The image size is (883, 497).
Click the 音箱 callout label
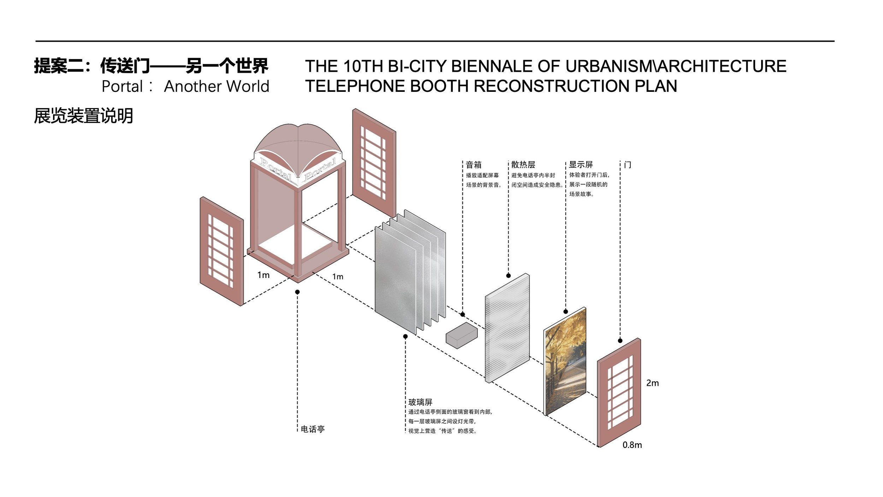tap(473, 165)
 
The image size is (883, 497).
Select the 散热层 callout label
tap(523, 165)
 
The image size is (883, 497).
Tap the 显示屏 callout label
tap(581, 165)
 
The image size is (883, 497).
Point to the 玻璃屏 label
tap(420, 402)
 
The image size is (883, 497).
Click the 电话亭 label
tap(313, 429)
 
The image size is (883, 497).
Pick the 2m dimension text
tap(652, 383)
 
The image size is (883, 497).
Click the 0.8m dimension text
tap(632, 445)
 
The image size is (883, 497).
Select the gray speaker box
tap(461, 336)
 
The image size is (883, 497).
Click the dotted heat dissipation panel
tap(507, 329)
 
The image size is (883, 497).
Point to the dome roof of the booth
tap(298, 141)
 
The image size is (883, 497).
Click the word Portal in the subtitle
tap(122, 87)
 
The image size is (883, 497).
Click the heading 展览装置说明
tap(83, 116)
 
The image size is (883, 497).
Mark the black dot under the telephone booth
tap(297, 292)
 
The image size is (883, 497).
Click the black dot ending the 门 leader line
tap(620, 341)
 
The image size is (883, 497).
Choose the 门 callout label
tap(628, 165)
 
